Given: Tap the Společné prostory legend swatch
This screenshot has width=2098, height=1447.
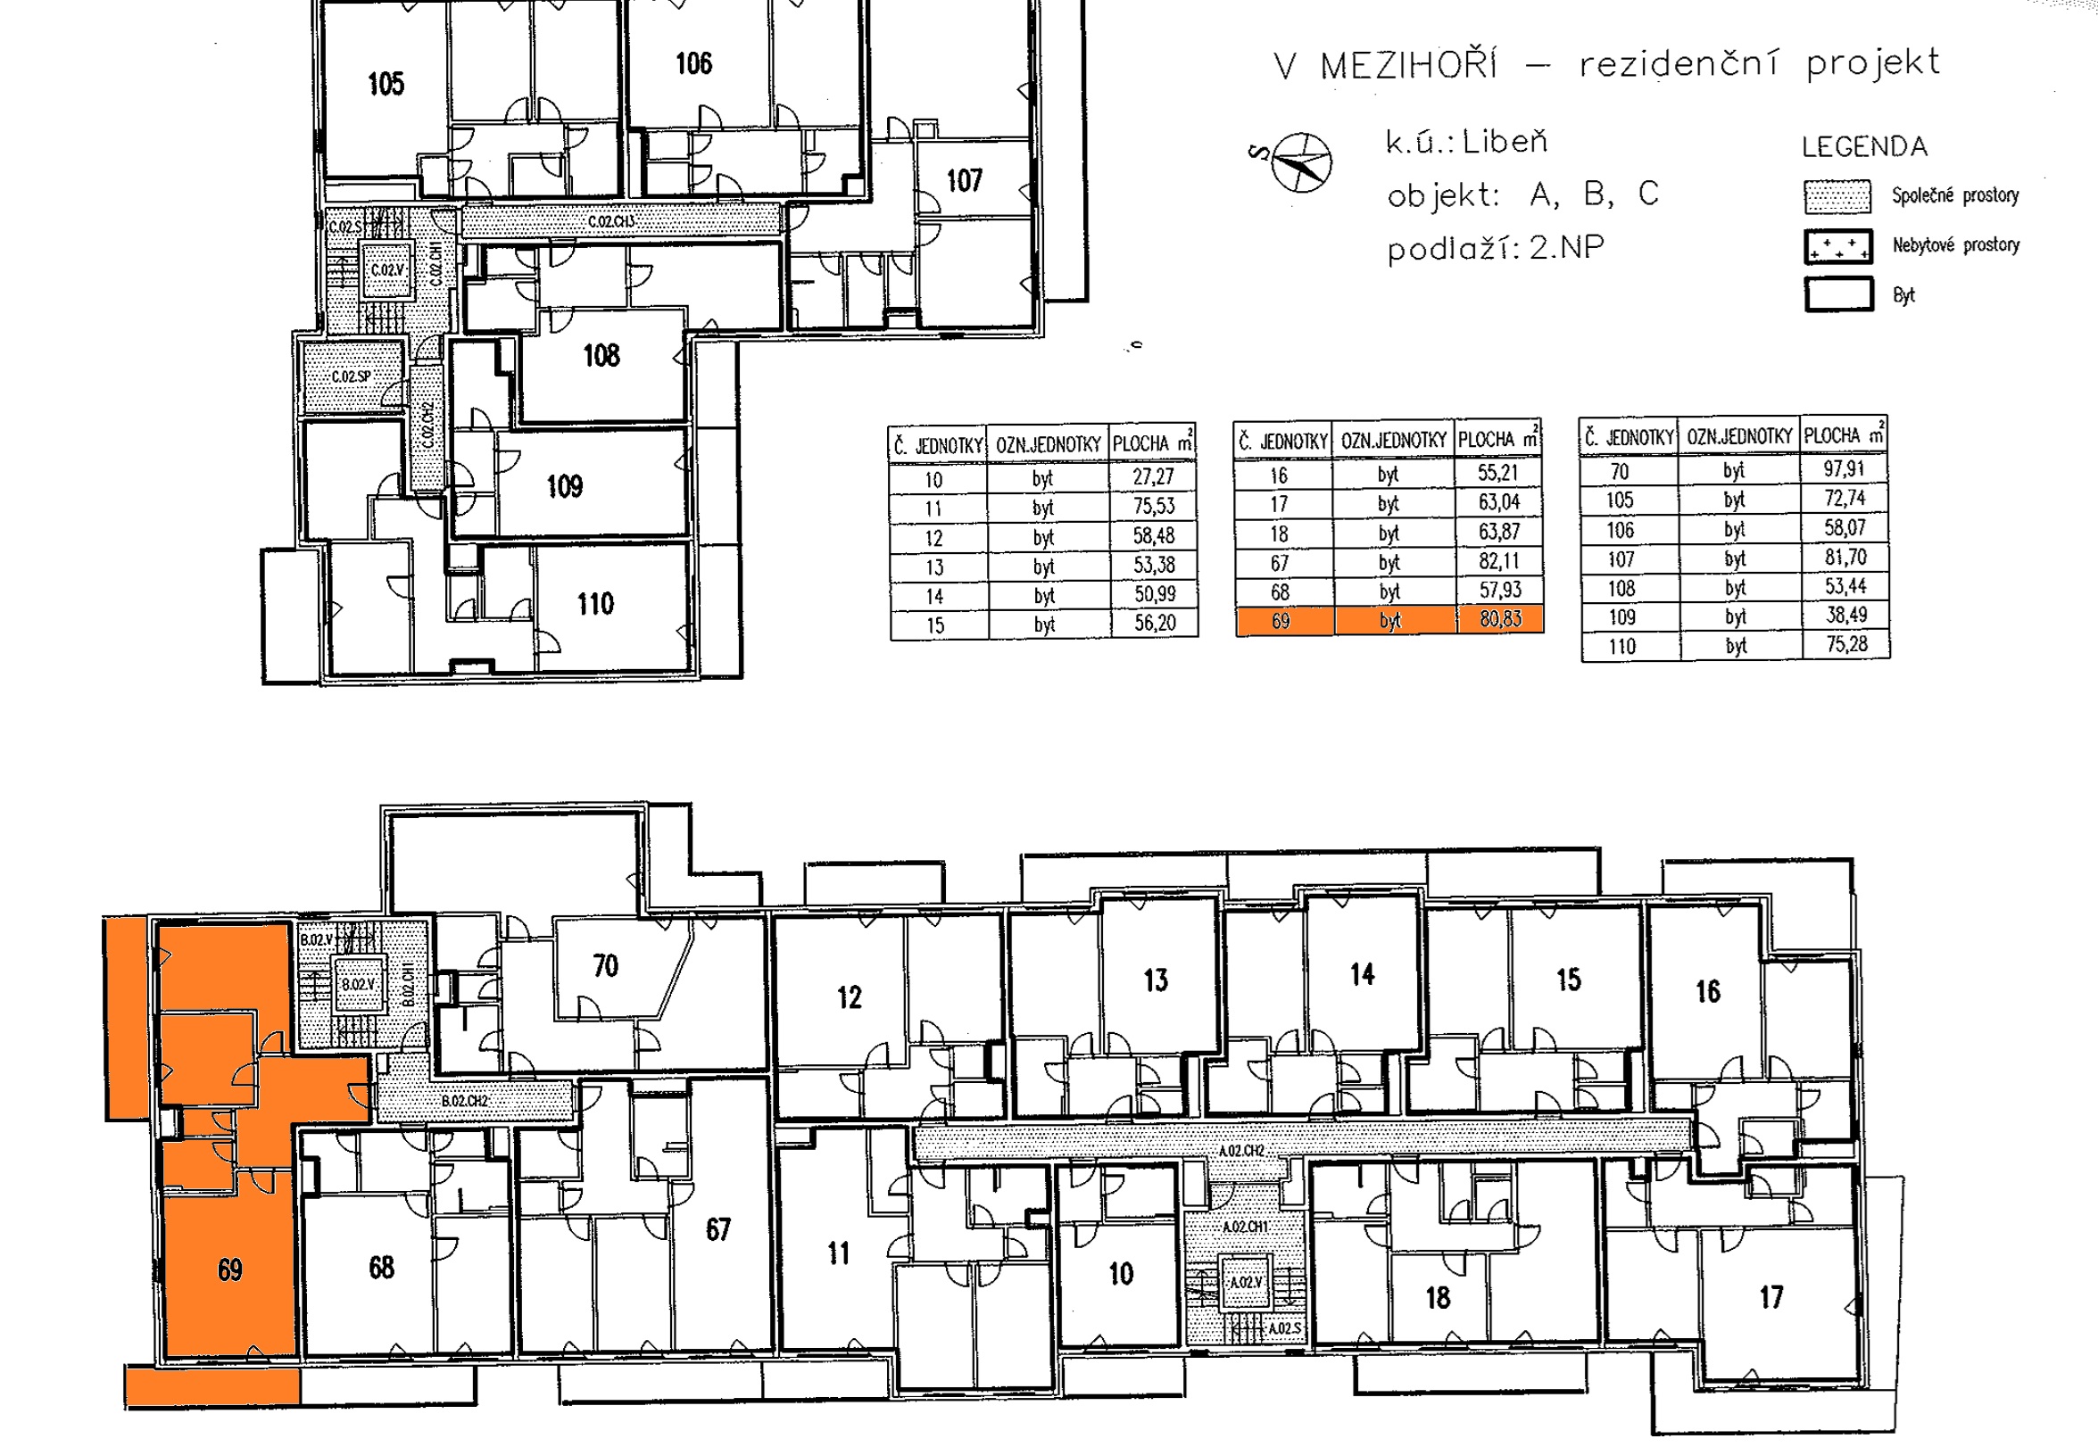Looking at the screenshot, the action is [x=1837, y=196].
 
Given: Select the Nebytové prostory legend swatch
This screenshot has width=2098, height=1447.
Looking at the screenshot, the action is [x=1837, y=245].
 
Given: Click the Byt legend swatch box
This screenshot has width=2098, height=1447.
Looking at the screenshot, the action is [x=1838, y=294].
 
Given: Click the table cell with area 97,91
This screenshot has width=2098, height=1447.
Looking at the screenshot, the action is [x=1845, y=468].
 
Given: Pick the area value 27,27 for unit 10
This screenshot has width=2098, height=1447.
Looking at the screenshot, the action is [x=1153, y=477].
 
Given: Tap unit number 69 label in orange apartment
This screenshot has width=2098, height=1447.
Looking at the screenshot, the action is [x=229, y=1270].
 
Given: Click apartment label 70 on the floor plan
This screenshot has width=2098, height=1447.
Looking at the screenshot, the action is [x=606, y=965].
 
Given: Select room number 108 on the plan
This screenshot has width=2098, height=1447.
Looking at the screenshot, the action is [x=601, y=355].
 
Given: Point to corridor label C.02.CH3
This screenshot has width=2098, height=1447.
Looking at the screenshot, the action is [x=612, y=221].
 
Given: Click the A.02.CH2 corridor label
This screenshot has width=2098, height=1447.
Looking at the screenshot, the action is [x=1241, y=1151].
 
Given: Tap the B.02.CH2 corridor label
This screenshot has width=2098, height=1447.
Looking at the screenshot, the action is [x=465, y=1101].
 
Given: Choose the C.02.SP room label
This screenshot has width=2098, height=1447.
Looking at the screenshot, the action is [x=351, y=376].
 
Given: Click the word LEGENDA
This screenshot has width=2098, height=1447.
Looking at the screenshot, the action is [x=1864, y=147].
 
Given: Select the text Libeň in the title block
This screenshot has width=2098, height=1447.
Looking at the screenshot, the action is [x=1505, y=142].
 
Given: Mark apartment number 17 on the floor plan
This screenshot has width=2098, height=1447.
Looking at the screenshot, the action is [x=1771, y=1297].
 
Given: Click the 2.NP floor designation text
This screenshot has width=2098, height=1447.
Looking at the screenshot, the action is [x=1567, y=246].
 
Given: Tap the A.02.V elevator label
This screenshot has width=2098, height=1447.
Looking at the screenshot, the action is [x=1246, y=1283].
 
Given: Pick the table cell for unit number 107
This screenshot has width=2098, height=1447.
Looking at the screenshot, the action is [x=1621, y=558].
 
